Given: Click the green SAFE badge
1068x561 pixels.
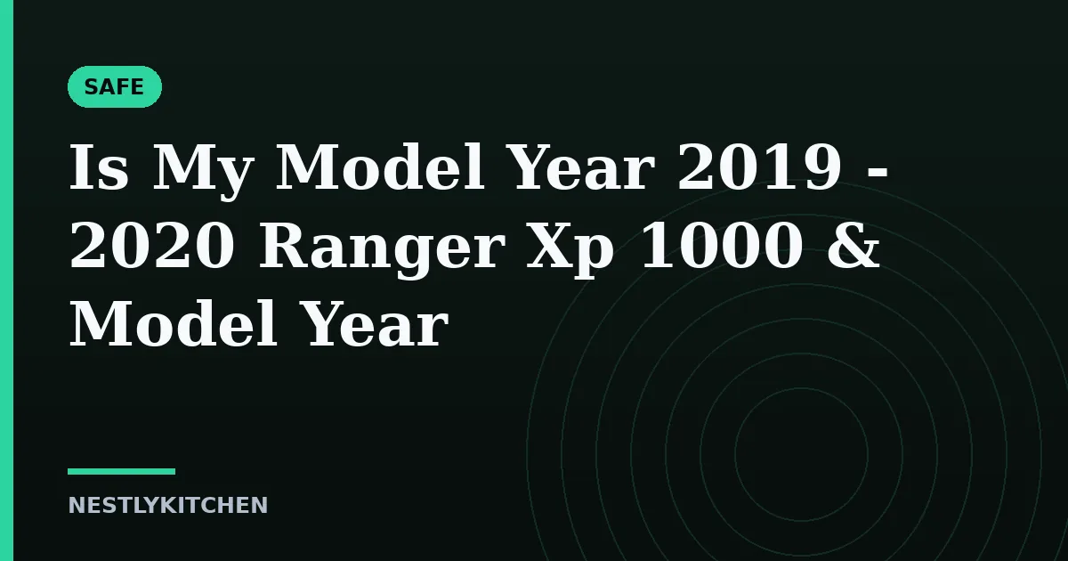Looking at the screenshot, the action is (115, 87).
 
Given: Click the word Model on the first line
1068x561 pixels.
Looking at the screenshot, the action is (380, 167).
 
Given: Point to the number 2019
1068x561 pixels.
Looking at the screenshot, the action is (759, 167).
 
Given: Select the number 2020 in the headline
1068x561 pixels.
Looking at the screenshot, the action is (152, 245).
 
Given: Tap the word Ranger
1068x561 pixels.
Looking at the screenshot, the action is (382, 249).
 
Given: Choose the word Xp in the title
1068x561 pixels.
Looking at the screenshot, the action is (570, 250).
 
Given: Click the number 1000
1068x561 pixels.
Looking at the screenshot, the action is (721, 245).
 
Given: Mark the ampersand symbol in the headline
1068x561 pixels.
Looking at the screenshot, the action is (854, 245).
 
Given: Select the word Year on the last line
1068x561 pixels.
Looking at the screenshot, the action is (377, 324).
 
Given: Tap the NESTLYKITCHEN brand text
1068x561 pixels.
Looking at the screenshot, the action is (168, 505).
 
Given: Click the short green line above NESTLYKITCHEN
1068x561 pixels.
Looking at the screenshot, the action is (122, 471).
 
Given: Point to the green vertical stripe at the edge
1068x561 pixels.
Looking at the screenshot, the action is (7, 280).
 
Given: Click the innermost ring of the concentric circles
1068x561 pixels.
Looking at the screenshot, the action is (735, 455).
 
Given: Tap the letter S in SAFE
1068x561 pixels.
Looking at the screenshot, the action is (91, 87).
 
